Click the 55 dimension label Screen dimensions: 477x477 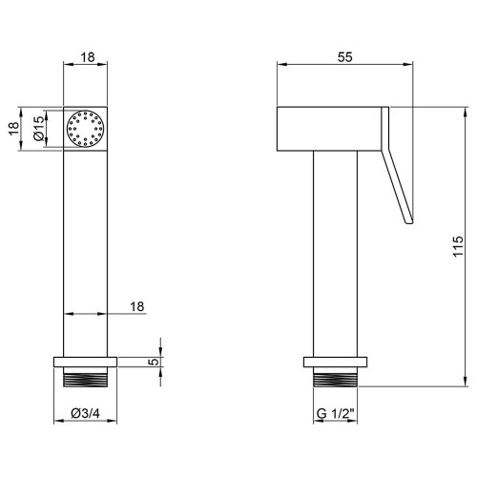pyautogui.click(x=345, y=57)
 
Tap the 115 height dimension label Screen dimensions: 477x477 pyautogui.click(x=458, y=246)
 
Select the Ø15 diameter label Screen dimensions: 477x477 pyautogui.click(x=39, y=129)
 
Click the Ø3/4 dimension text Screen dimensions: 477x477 pyautogui.click(x=86, y=413)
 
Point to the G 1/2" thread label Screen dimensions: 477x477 pyautogui.click(x=336, y=414)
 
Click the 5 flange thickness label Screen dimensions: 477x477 pyautogui.click(x=154, y=362)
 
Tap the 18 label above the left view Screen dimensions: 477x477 pyautogui.click(x=88, y=57)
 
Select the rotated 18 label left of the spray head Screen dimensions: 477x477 pyautogui.click(x=14, y=129)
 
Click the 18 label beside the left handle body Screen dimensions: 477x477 pyautogui.click(x=137, y=306)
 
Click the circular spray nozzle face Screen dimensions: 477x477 pyautogui.click(x=85, y=129)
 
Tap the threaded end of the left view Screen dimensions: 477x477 pyautogui.click(x=86, y=377)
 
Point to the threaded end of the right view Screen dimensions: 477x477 pyautogui.click(x=335, y=377)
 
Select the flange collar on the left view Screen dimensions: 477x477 pyautogui.click(x=86, y=362)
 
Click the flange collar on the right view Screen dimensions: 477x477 pyautogui.click(x=335, y=362)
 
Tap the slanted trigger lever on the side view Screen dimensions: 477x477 pyautogui.click(x=398, y=184)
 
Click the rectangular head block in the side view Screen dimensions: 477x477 pyautogui.click(x=329, y=129)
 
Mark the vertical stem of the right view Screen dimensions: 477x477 pyautogui.click(x=335, y=254)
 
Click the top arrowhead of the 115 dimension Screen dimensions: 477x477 pyautogui.click(x=466, y=113)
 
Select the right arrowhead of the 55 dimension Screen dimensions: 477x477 pyautogui.click(x=407, y=64)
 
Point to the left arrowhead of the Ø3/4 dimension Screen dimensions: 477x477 pyautogui.click(x=59, y=421)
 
